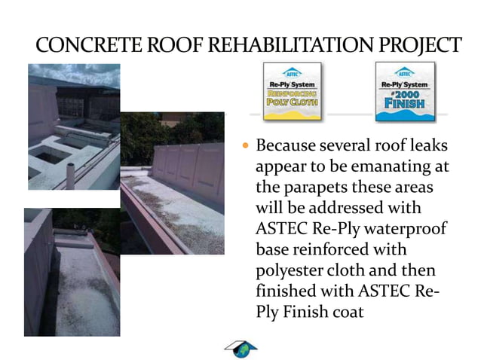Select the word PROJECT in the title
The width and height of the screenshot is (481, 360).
click(417, 45)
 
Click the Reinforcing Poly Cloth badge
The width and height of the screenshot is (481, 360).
click(291, 92)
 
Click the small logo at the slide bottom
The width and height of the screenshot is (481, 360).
click(241, 348)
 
